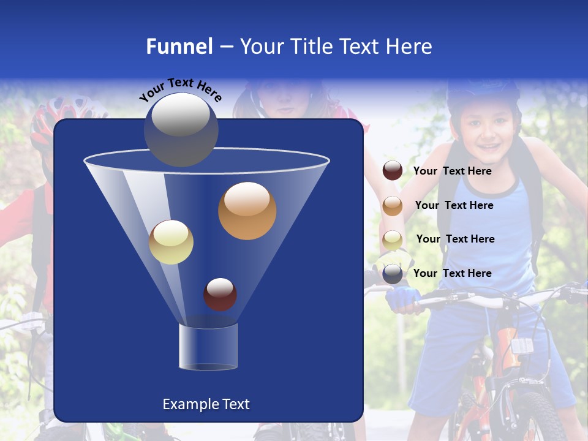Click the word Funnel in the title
(x=179, y=47)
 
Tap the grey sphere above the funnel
(x=181, y=129)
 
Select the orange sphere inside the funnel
(x=247, y=210)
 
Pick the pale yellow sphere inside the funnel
(x=171, y=242)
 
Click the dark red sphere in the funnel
(x=220, y=294)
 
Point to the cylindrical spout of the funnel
(x=208, y=347)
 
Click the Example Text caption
(x=206, y=404)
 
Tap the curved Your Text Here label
(x=180, y=89)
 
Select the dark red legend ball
(x=393, y=171)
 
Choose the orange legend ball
(x=393, y=206)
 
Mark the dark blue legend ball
(x=393, y=274)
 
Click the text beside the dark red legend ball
(x=452, y=171)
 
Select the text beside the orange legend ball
(x=454, y=206)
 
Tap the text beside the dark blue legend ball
(x=452, y=273)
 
